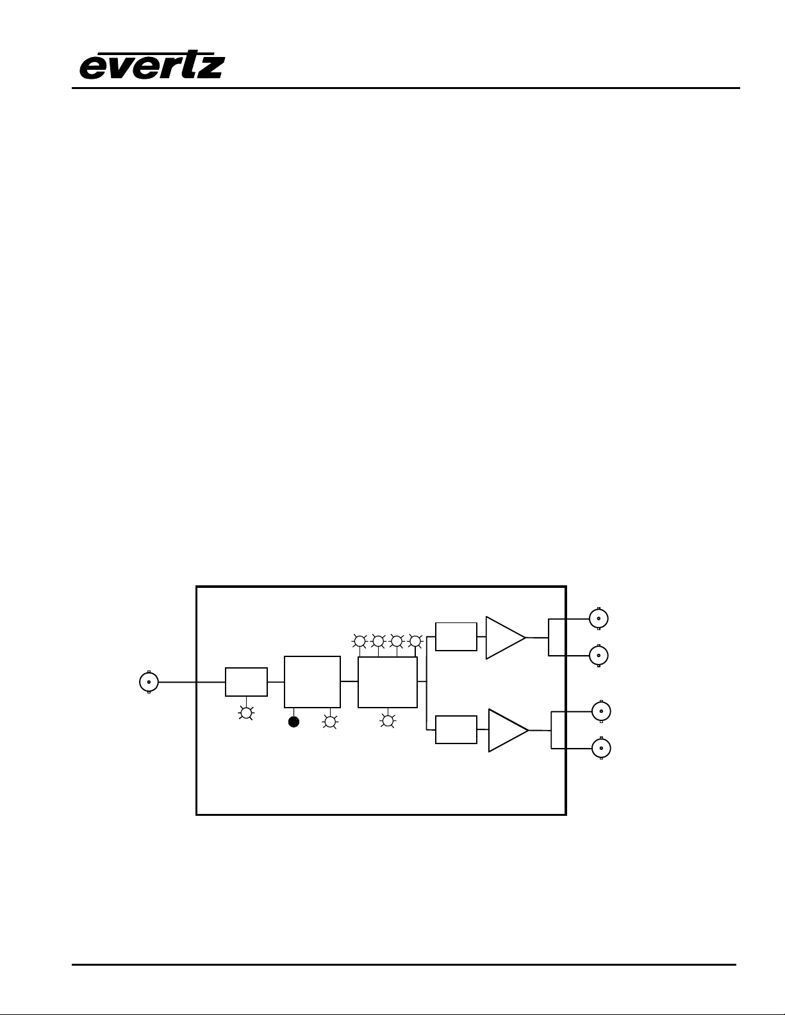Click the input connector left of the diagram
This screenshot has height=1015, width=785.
coord(149,682)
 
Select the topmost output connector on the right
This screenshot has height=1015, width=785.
coord(599,619)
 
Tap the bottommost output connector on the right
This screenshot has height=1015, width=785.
coord(601,749)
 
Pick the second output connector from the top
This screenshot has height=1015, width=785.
coord(599,655)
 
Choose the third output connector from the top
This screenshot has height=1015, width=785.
coord(601,711)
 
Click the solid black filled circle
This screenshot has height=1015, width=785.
coord(293,722)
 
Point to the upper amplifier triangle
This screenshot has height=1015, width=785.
coord(505,638)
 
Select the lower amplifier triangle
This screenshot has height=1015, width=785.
coord(508,731)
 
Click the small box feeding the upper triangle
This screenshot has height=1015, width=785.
coord(456,637)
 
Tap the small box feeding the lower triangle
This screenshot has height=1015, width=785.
coord(456,729)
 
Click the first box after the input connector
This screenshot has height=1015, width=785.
coord(246,682)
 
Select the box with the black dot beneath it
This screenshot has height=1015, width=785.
coord(312,682)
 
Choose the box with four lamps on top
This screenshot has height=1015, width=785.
coord(387,682)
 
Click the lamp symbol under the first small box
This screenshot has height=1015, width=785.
coord(246,713)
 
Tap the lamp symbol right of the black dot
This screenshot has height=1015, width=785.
coord(330,722)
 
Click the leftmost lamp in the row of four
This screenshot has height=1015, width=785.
coord(359,641)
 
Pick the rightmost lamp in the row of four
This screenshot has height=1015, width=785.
coord(415,641)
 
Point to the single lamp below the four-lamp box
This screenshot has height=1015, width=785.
coord(387,721)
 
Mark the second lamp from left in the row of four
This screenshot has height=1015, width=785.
coord(378,641)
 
